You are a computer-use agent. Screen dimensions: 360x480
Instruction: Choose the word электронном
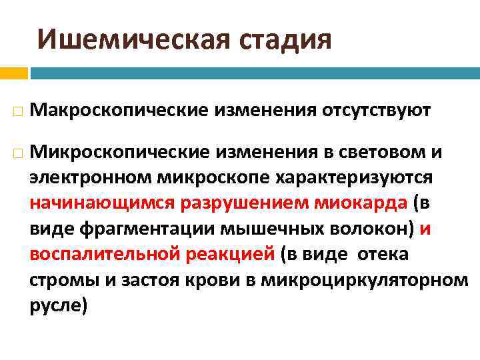pyautogui.click(x=91, y=178)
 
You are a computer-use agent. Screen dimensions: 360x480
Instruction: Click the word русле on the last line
pyautogui.click(x=56, y=305)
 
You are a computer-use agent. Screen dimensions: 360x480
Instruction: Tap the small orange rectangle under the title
pyautogui.click(x=13, y=72)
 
